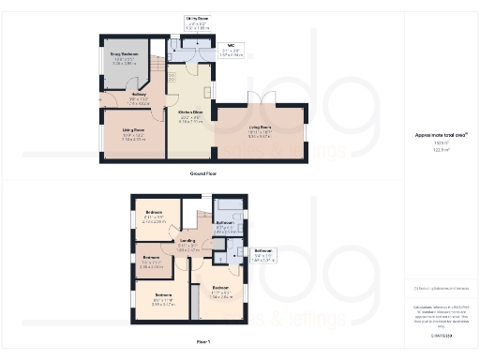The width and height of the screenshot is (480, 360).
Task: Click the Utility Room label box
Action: [196, 22]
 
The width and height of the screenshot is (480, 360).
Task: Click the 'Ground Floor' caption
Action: [203, 173]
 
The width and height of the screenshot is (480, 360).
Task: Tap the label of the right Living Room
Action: [260, 129]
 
